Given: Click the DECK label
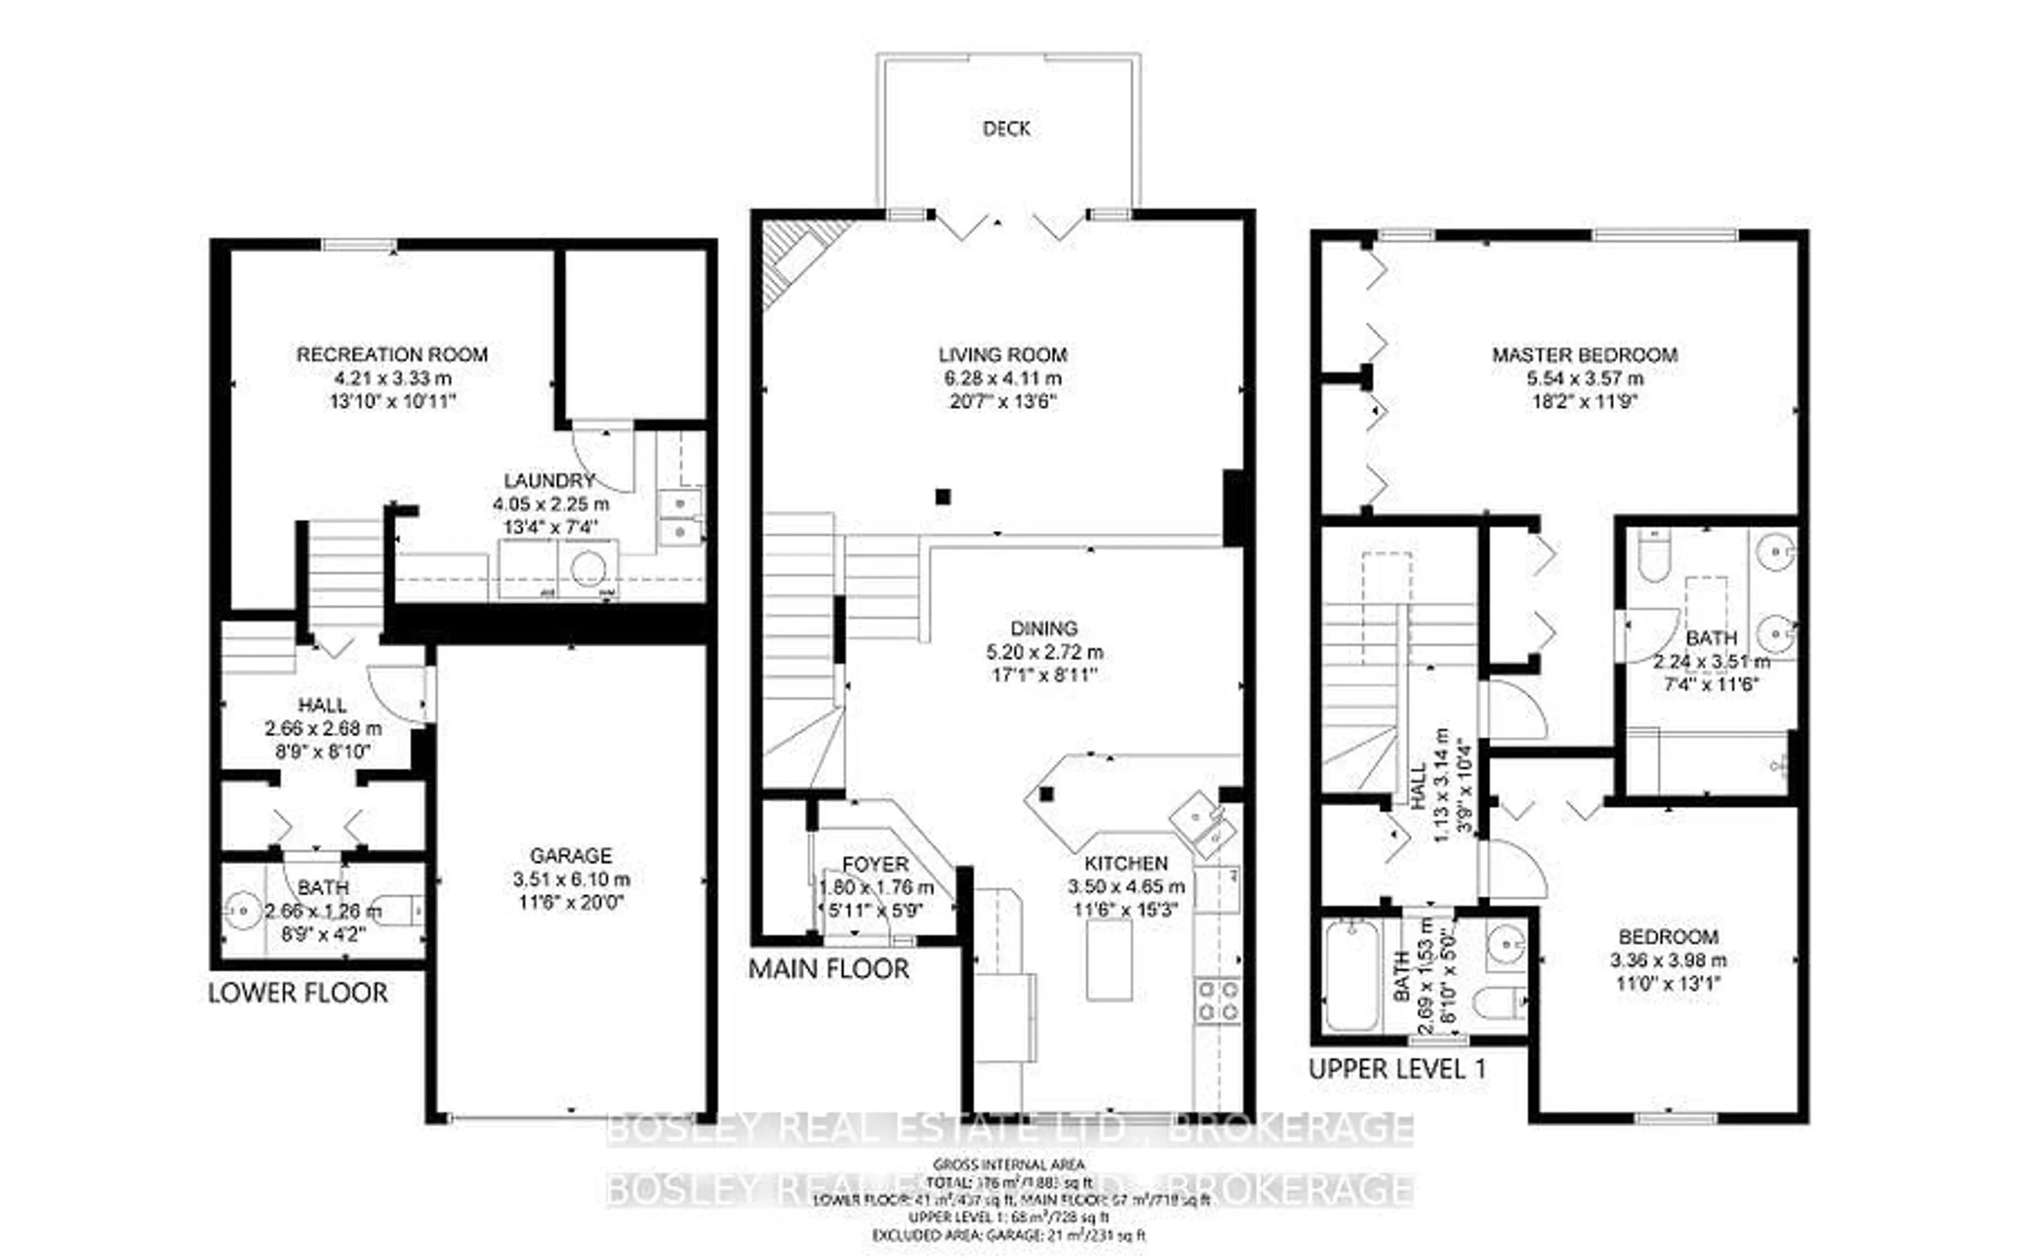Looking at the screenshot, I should [1006, 128].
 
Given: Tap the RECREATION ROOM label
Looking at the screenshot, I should [392, 354].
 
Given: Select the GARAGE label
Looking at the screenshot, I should [571, 855].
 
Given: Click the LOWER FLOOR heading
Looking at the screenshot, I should [298, 993].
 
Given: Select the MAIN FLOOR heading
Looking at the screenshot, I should [829, 968].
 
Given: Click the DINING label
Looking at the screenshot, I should [1044, 628].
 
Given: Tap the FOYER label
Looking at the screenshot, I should [875, 863].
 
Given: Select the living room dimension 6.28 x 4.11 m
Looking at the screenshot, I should [1003, 378].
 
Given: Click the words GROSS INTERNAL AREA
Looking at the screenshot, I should [1008, 1164].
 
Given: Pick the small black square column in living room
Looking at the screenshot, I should [943, 497].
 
